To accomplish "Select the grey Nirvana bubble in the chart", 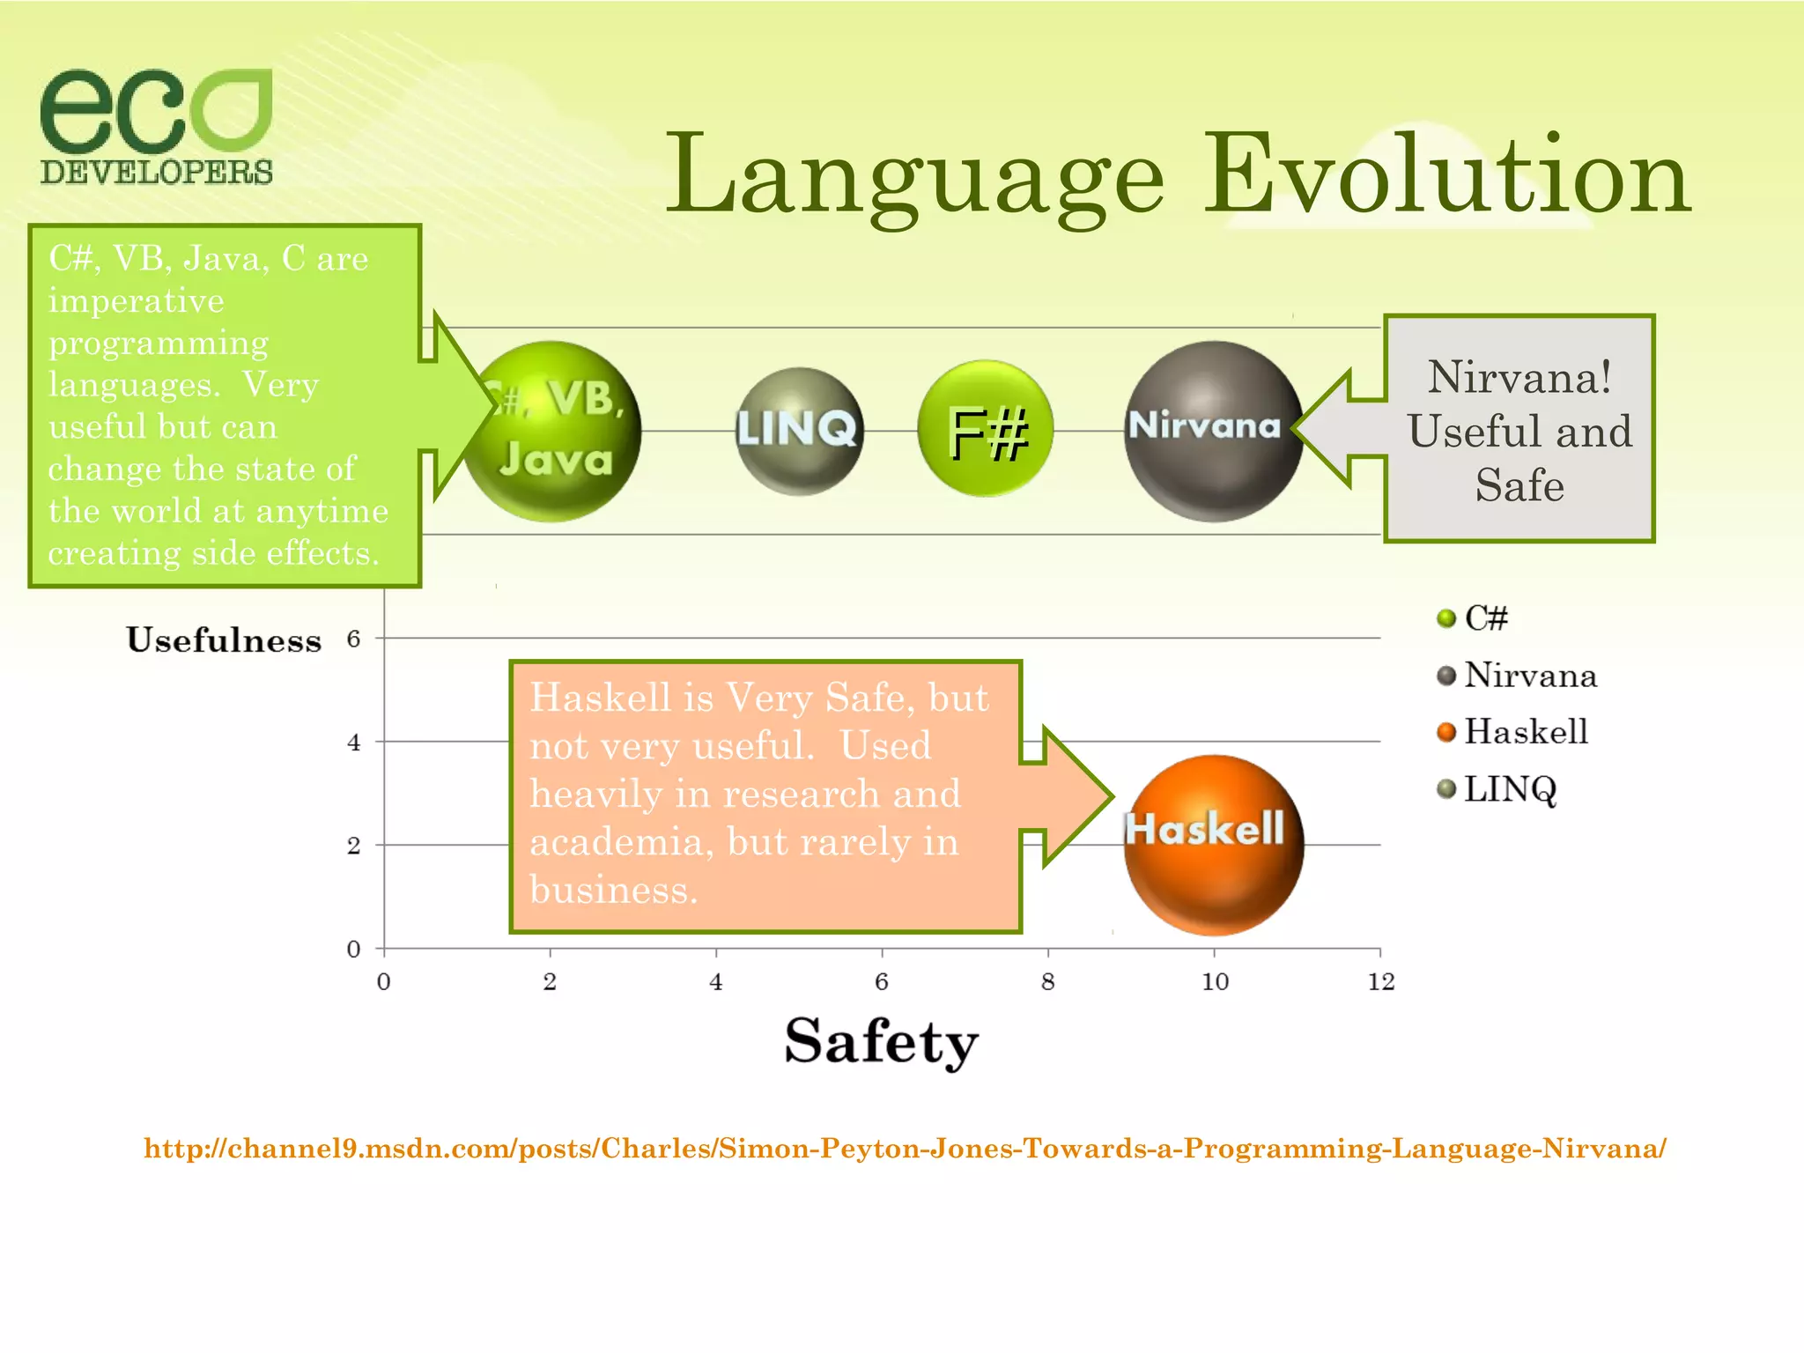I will pos(1213,431).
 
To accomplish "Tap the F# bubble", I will pos(986,429).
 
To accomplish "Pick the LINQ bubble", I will pos(798,431).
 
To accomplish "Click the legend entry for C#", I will pos(1485,618).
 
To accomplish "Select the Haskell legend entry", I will pos(1525,732).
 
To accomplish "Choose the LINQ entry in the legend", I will pos(1509,789).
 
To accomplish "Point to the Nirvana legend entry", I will pos(1529,676).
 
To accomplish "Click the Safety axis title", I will pos(881,1041).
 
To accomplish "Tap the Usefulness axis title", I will pos(224,640).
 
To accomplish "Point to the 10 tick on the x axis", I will pos(1215,981).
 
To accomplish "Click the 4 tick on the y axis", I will pos(354,743).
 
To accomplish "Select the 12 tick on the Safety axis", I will pos(1380,981).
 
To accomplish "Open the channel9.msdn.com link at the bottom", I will pos(905,1149).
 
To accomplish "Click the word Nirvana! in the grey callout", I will pos(1519,377).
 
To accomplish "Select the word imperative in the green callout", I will pos(137,301).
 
